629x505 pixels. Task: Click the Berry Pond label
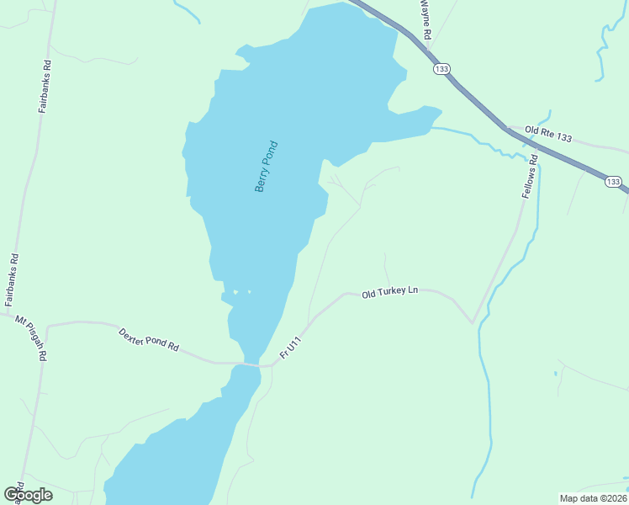click(266, 166)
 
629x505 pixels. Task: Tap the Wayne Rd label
click(425, 20)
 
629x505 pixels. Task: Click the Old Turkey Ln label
click(389, 292)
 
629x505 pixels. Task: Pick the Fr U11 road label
click(290, 347)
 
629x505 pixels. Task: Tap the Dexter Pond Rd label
click(149, 339)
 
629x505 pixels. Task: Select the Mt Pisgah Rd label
click(31, 337)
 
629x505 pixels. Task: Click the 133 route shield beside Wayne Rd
click(441, 68)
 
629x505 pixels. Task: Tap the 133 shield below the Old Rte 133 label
click(612, 181)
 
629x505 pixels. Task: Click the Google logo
click(29, 494)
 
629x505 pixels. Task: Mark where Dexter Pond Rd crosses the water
click(251, 364)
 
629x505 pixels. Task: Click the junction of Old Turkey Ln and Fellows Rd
click(473, 322)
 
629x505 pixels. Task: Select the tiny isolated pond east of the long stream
click(555, 372)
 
